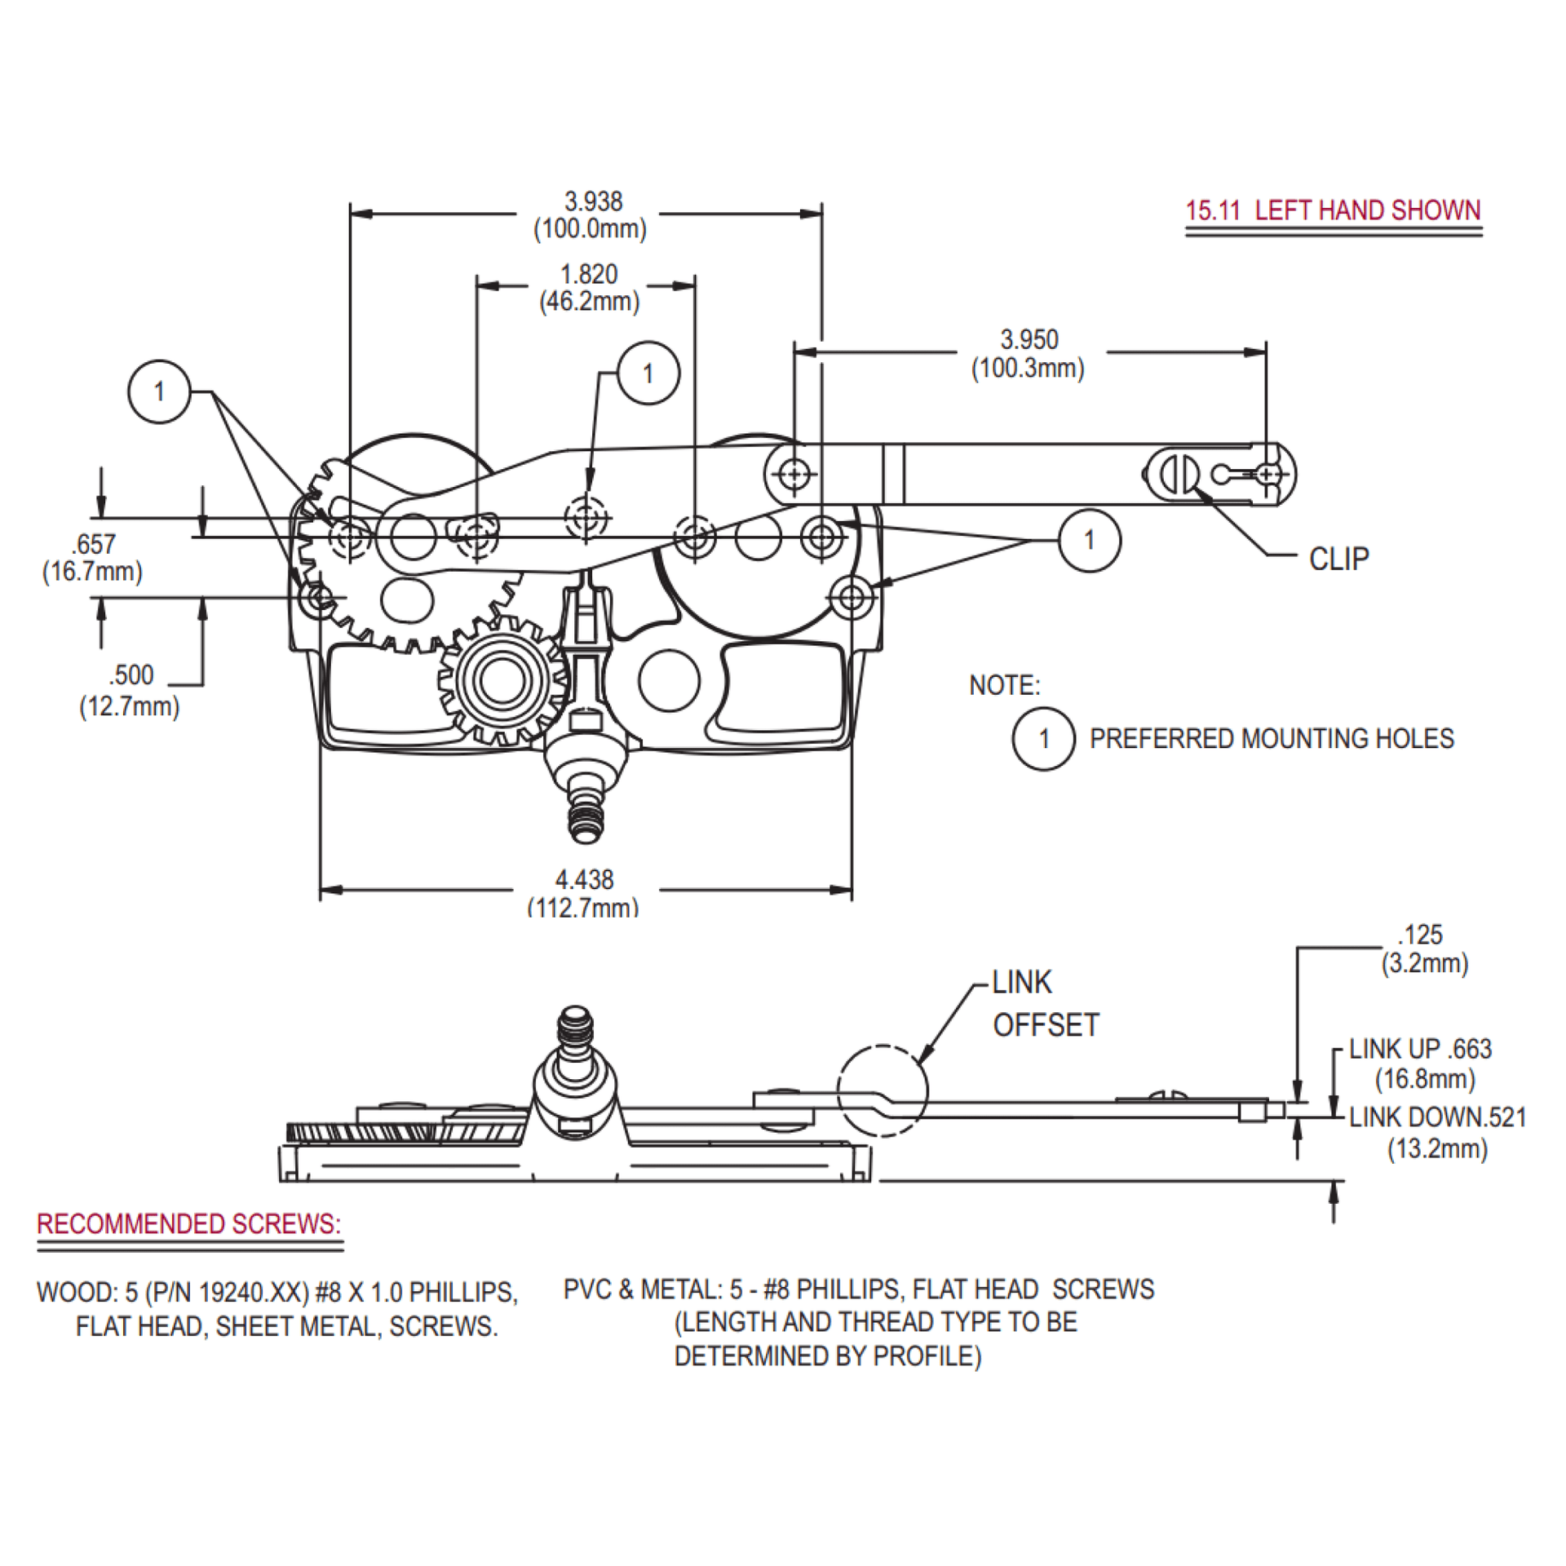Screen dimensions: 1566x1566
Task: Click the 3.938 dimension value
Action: [593, 201]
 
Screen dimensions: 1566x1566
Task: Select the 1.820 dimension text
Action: [588, 275]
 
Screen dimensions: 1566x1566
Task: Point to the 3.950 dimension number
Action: [1029, 340]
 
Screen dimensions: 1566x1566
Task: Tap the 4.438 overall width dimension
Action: [584, 880]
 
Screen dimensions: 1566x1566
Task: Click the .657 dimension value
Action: [93, 544]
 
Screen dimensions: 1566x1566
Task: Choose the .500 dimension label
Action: [130, 675]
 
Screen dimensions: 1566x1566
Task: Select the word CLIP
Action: [1338, 560]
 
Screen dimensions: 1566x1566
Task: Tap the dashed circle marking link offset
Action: [883, 1090]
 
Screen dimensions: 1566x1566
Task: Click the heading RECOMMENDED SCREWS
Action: [188, 1224]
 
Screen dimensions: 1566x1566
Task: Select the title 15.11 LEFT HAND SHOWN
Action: [1333, 210]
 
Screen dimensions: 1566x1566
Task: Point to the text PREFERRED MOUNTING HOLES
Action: [1271, 739]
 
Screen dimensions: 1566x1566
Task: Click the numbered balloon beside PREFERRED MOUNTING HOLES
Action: [1043, 739]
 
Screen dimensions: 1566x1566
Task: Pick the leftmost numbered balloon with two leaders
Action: [159, 391]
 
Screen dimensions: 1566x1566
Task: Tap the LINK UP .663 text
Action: [1420, 1049]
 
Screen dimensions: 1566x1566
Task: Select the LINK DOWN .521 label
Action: [1437, 1117]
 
